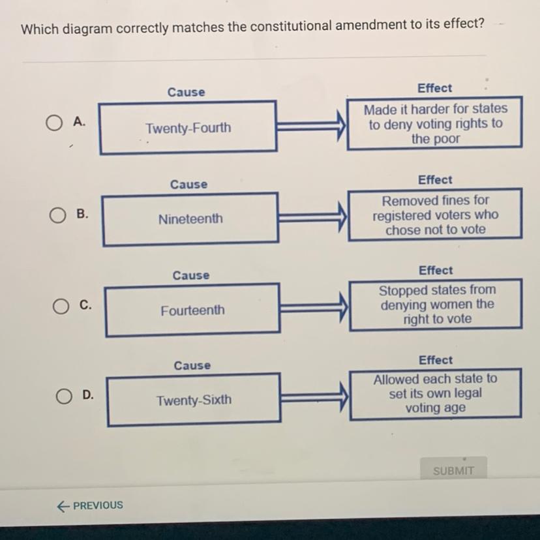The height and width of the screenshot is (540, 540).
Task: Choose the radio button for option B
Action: point(57,215)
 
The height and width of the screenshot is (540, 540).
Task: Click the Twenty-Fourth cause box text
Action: point(188,128)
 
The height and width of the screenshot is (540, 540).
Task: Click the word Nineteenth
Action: point(190,219)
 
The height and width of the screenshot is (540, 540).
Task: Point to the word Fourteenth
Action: point(192,310)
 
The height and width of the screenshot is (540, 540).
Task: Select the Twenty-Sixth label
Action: point(194,400)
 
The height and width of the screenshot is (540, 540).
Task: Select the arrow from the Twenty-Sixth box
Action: point(314,395)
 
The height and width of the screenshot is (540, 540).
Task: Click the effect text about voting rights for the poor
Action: point(435,124)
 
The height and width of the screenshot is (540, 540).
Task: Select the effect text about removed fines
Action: point(435,215)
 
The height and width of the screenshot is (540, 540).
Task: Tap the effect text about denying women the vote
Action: point(436,305)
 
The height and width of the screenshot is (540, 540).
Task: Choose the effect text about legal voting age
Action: point(435,393)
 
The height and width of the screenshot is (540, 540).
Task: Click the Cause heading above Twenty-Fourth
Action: point(186,93)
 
